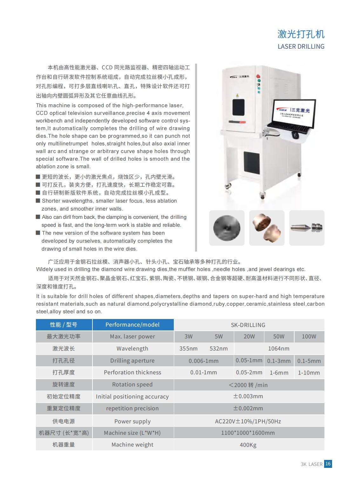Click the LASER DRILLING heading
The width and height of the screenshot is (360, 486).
pos(301,46)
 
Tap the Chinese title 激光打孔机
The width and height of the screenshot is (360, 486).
pos(301,34)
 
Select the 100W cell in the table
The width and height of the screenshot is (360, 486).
pos(309,337)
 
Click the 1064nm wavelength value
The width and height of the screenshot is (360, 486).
pos(279,349)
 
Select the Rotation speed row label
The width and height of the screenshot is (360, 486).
pos(132,385)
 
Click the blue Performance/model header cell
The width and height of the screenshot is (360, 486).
pos(132,325)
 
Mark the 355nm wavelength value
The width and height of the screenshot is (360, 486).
pos(188,349)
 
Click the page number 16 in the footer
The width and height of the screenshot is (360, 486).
pos(328,464)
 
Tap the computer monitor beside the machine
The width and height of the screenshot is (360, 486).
pos(294,112)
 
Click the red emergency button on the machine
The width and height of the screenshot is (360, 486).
pos(258,77)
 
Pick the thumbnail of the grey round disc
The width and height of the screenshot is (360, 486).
pos(227,228)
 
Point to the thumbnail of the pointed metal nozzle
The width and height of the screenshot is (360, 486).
pos(307,228)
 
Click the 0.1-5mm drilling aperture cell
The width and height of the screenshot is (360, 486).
pos(309,361)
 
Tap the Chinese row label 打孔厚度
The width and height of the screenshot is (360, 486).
pos(64,372)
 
